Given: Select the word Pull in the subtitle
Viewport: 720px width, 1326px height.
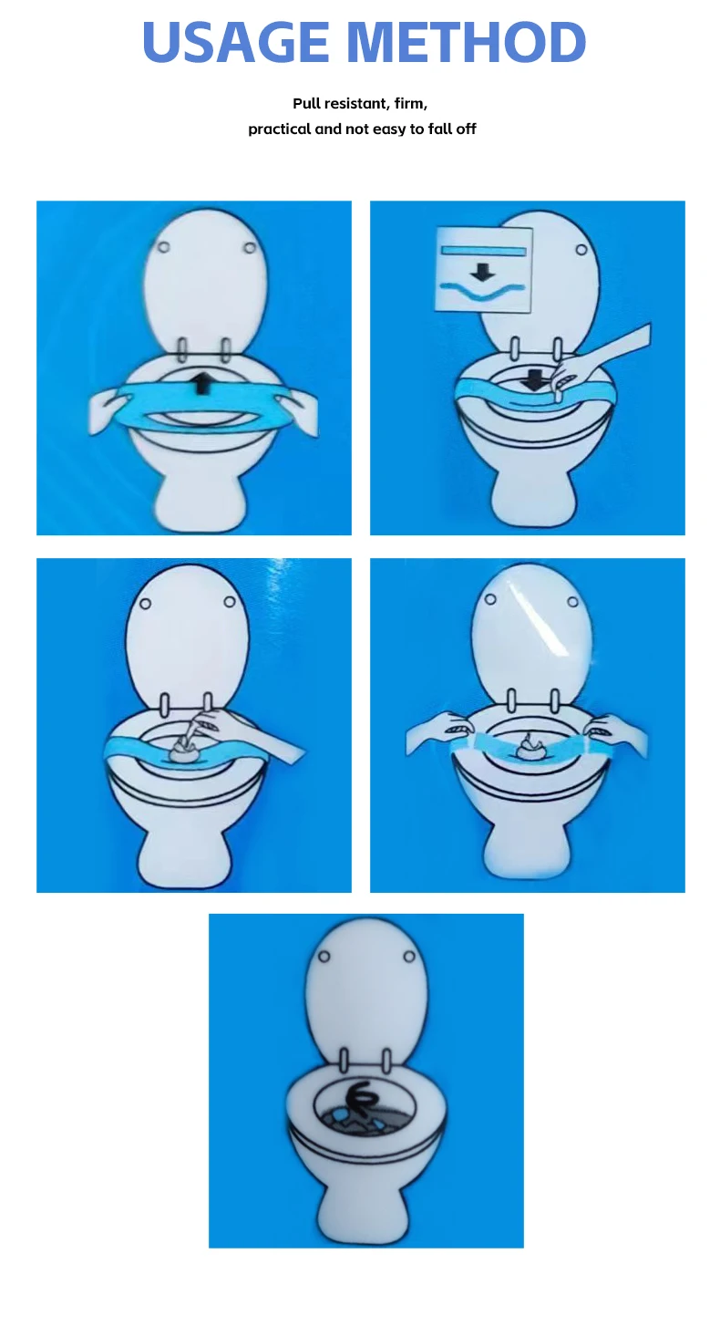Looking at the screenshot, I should coord(307,104).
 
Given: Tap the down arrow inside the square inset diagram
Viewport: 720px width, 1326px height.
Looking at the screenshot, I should coord(483,271).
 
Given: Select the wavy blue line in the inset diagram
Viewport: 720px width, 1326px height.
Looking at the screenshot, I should coord(483,292).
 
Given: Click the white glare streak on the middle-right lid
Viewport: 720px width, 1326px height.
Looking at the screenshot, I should coord(547,620).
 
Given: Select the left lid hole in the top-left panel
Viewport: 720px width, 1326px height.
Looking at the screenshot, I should coord(163,247).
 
